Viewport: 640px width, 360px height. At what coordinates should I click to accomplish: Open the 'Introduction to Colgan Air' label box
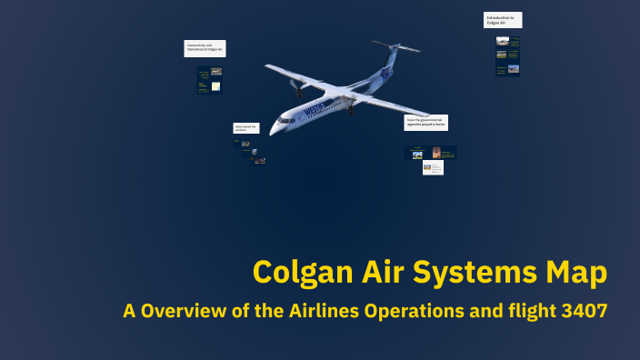pos(503,20)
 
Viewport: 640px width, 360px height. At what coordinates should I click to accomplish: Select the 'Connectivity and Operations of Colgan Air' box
pos(205,48)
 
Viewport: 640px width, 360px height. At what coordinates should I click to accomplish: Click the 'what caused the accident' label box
pos(246,128)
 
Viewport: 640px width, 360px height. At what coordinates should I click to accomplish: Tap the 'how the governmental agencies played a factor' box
pos(425,123)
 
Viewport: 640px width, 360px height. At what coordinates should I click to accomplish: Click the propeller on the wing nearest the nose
pos(296,85)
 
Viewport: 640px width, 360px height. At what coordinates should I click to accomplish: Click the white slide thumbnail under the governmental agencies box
pos(434,167)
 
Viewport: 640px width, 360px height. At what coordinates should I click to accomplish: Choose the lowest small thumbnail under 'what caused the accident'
pos(259,160)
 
